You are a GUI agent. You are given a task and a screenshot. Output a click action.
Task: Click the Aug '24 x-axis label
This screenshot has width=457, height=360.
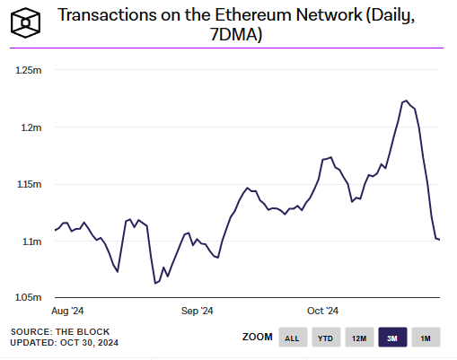70,311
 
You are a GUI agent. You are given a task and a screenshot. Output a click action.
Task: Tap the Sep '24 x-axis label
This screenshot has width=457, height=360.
197,311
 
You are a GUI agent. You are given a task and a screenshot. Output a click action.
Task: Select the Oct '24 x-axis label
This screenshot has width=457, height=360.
321,311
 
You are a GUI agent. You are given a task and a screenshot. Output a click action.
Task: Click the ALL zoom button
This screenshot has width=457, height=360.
292,338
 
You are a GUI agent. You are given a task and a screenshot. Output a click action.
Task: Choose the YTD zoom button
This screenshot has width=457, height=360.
325,338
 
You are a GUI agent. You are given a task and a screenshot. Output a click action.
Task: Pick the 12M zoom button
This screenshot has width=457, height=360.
359,338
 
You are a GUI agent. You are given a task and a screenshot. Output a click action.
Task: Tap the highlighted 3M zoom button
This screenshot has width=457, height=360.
392,338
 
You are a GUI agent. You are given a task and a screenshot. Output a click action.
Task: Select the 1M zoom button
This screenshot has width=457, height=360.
426,338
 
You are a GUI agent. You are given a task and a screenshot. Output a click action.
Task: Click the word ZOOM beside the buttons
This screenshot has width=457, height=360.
258,338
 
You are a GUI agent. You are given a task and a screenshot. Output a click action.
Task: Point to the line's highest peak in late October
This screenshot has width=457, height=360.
406,101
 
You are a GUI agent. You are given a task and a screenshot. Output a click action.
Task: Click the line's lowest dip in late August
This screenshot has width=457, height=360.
156,283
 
